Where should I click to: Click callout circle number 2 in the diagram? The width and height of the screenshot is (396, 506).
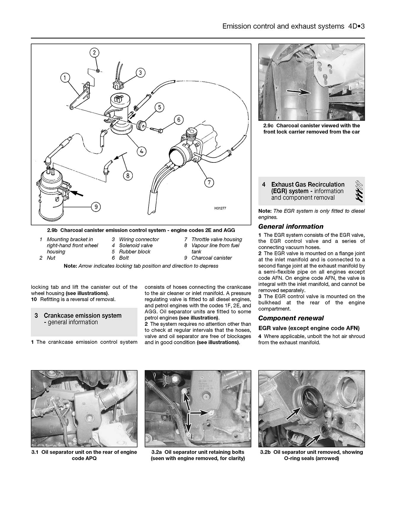[94, 53]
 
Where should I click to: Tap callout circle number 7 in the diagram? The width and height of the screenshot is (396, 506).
[209, 182]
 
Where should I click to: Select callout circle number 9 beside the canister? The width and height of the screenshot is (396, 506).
[96, 207]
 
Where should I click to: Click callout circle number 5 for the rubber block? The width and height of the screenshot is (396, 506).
[159, 107]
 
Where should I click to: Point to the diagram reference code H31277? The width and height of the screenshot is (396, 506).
[220, 208]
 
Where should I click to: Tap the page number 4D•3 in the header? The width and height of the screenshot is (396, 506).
[355, 26]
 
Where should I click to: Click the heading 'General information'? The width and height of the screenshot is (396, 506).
[291, 227]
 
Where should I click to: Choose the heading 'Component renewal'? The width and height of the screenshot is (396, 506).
[291, 318]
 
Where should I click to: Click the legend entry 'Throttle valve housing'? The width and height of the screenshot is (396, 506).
[217, 239]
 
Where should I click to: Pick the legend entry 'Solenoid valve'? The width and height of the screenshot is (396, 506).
[136, 245]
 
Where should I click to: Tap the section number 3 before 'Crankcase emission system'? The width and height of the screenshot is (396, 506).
[36, 316]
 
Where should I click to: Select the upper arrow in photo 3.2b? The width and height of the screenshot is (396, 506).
[293, 412]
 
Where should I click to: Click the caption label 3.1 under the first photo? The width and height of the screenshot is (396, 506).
[35, 452]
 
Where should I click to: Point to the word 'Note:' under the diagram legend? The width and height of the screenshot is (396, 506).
[70, 266]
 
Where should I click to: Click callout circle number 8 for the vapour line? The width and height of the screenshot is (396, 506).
[128, 176]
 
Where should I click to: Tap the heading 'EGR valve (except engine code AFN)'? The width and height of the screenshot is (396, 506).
[309, 328]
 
